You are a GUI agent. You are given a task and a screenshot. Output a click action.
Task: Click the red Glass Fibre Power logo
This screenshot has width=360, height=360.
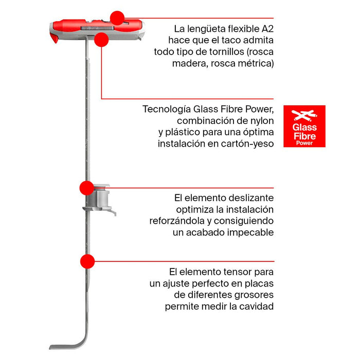coord(304,126)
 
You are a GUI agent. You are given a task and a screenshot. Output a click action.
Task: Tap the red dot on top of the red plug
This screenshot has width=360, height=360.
coord(118,18)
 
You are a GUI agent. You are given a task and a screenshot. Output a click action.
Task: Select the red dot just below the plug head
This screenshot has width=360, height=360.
coord(101,40)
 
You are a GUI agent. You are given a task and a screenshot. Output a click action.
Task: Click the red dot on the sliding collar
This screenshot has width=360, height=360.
coord(86,188)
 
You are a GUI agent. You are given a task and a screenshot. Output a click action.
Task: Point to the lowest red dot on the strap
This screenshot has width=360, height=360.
coord(87,261)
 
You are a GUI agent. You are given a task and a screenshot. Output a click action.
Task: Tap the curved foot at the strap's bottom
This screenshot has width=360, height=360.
coord(72,344)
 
